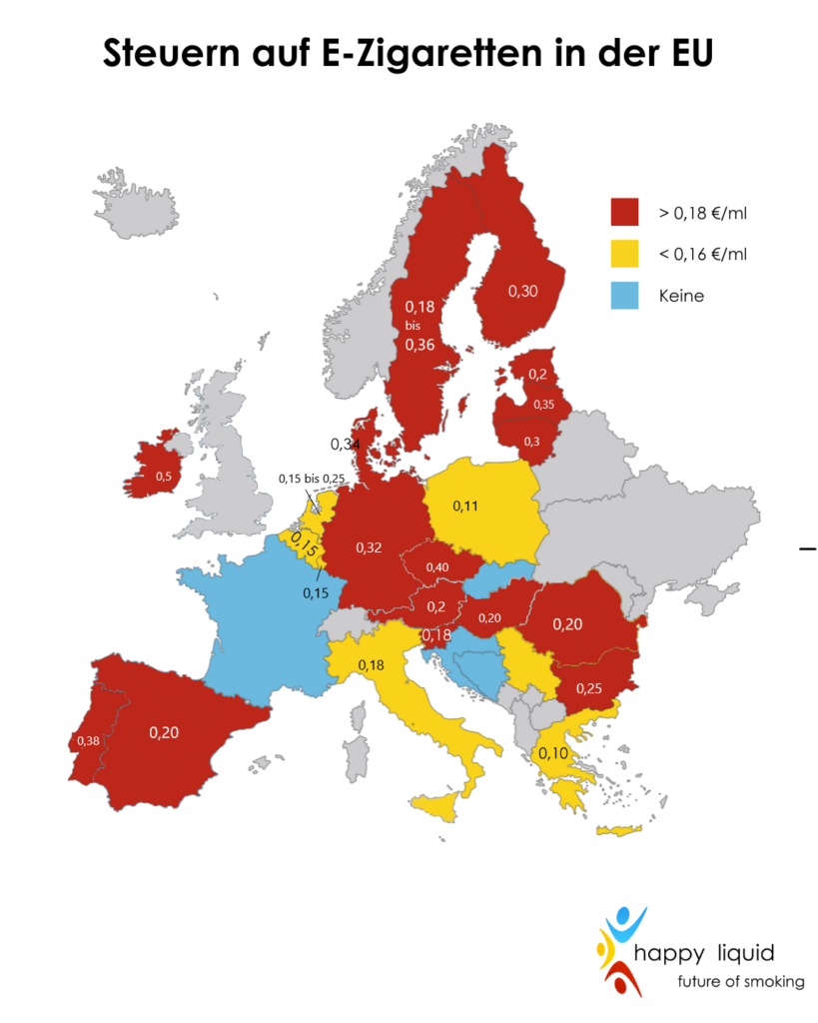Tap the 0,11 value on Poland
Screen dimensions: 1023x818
point(466,507)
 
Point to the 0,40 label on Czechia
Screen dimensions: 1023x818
point(437,567)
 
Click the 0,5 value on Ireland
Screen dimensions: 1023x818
point(162,477)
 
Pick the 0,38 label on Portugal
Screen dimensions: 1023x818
point(88,740)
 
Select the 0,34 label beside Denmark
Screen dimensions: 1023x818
point(346,443)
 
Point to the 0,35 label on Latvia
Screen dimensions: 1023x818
point(544,405)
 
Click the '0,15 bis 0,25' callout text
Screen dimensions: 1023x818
point(312,479)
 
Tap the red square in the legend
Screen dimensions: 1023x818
point(625,212)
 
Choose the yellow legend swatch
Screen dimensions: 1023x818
point(625,254)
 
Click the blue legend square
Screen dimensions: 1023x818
point(625,296)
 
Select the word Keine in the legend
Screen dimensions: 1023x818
point(681,296)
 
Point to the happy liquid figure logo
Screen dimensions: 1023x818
point(619,950)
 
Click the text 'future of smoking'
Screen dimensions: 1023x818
point(740,982)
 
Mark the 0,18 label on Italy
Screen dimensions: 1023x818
point(370,665)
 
